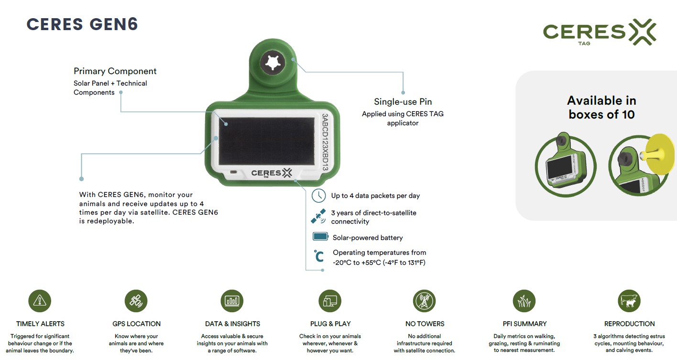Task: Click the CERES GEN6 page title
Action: (x=82, y=24)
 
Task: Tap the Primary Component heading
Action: (x=115, y=71)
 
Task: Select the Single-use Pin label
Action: (x=403, y=102)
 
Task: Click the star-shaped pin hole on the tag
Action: (x=273, y=63)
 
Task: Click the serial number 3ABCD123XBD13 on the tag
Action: (x=325, y=142)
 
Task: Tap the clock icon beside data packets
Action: (x=319, y=196)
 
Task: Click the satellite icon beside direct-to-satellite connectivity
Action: (x=318, y=217)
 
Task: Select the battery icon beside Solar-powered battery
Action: (x=320, y=237)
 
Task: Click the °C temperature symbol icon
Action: (x=319, y=256)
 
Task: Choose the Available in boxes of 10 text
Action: (x=601, y=108)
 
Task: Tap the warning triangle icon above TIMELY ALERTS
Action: (x=40, y=301)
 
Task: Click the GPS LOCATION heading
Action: (x=136, y=324)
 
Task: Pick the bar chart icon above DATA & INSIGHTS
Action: (x=232, y=301)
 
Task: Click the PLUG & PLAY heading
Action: (x=330, y=324)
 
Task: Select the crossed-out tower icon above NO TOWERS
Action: (x=425, y=301)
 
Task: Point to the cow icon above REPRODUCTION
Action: (x=629, y=301)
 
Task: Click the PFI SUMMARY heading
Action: (x=524, y=324)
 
